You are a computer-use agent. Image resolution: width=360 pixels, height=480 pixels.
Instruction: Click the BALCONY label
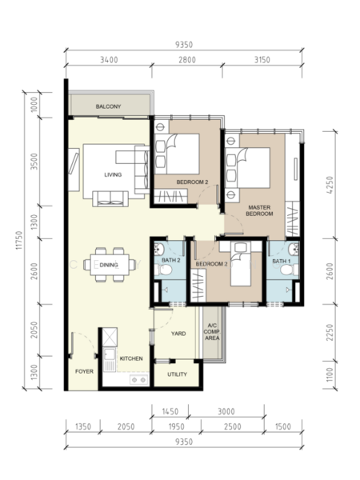[x=108, y=106]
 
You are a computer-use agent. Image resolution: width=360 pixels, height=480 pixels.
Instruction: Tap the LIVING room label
[x=113, y=174]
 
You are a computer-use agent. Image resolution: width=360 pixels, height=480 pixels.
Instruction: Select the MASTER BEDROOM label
[x=259, y=210]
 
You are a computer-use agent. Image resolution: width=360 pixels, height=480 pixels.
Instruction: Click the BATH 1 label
[x=282, y=261]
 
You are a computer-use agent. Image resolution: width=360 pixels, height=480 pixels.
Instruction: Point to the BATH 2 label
[x=171, y=260]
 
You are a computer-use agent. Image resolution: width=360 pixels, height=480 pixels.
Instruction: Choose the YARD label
[x=178, y=334]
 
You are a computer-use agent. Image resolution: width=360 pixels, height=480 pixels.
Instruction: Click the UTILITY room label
[x=177, y=374]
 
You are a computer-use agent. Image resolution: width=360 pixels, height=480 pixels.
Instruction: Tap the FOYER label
[x=84, y=371]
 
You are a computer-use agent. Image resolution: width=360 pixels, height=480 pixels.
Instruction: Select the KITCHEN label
[x=131, y=358]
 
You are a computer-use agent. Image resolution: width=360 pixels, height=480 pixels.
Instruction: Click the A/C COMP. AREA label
[x=212, y=332]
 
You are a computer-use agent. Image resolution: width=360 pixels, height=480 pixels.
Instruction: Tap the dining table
[x=110, y=265]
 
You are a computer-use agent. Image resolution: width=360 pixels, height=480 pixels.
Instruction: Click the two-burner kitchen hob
[x=138, y=379]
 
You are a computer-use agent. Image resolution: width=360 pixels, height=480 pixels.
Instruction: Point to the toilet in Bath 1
[x=289, y=270]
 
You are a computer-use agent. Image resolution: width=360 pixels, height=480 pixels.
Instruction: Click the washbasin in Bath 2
[x=159, y=249]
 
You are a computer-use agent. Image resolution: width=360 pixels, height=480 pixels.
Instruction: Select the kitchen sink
[x=110, y=360]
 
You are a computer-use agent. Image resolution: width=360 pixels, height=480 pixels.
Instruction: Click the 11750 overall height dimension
[x=19, y=240]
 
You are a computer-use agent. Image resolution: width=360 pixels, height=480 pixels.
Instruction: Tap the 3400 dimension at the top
[x=109, y=60]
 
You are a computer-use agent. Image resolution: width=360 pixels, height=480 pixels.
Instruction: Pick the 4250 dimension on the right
[x=330, y=185]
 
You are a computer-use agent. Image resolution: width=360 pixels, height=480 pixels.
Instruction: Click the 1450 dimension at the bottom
[x=170, y=411]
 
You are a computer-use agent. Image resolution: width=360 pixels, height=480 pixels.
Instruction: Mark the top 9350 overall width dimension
[x=184, y=45]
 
